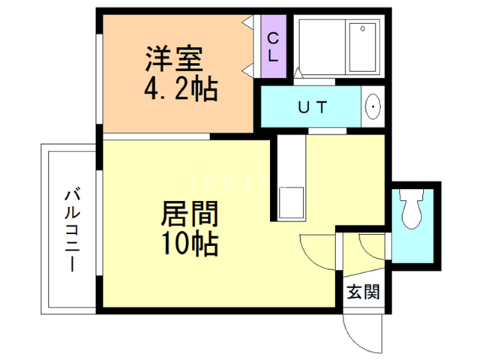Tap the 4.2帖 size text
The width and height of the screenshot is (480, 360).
(x=180, y=90)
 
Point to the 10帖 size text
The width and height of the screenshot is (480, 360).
(x=188, y=244)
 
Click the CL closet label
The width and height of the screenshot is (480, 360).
(x=272, y=46)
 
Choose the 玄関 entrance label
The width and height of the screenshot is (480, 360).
(x=362, y=292)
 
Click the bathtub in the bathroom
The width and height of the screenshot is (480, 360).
(x=364, y=46)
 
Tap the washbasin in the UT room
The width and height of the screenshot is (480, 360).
(x=372, y=108)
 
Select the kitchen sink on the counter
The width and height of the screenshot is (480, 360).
(x=291, y=201)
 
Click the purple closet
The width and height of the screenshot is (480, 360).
(x=272, y=46)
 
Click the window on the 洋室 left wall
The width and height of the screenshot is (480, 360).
(x=98, y=75)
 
